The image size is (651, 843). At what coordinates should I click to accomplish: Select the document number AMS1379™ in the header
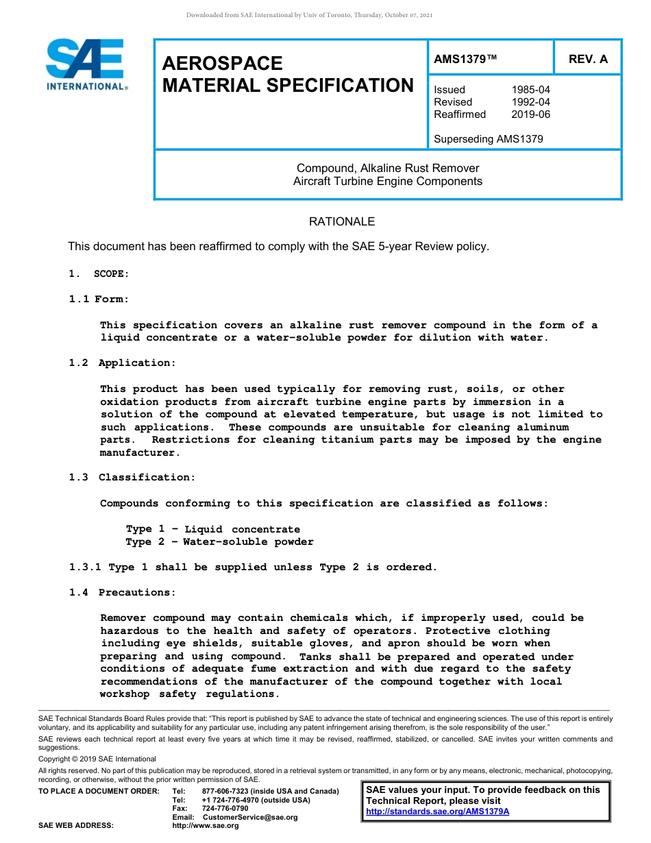point(465,59)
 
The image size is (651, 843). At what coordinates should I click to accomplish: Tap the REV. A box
point(588,59)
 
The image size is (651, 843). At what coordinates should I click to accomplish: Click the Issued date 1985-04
point(530,90)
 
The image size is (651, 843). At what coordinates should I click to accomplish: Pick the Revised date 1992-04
point(530,102)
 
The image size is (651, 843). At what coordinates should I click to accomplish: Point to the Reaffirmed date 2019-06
point(530,114)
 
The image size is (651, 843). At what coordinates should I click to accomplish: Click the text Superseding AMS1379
point(488,139)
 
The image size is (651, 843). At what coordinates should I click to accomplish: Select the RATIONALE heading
point(342,221)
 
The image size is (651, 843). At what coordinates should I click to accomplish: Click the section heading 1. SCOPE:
point(99,273)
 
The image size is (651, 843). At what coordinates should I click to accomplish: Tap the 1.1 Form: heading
point(99,299)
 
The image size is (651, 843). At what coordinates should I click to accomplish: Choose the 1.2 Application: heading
point(122,363)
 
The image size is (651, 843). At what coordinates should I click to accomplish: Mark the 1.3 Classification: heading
point(132,477)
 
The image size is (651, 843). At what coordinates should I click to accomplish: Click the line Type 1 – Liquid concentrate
point(212,529)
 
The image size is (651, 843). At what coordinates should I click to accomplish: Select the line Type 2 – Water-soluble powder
point(219,541)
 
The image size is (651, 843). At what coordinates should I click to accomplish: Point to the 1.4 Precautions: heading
point(122,592)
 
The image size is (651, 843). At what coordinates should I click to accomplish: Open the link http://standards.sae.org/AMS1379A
point(438,811)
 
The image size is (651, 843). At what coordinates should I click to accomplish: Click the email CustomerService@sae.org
point(249,817)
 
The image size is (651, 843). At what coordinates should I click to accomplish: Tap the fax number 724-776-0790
point(225,808)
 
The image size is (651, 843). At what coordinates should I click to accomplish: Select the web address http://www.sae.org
point(206,825)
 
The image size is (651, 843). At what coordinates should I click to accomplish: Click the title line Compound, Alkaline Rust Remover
point(388,168)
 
